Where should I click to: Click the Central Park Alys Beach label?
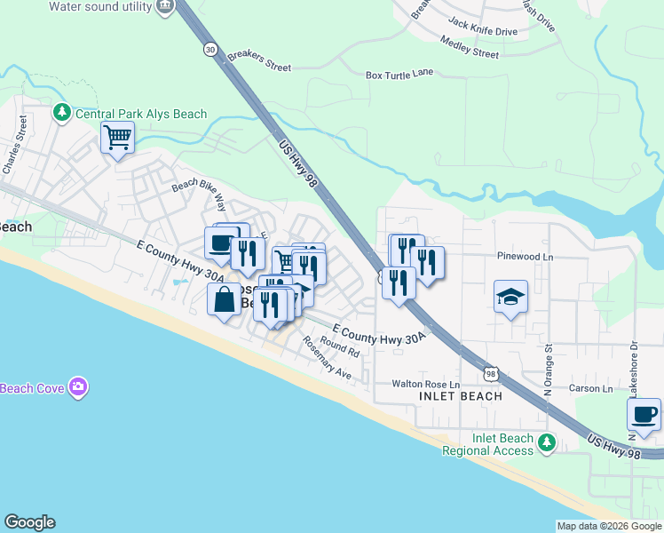[141, 114]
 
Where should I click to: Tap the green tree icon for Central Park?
[62, 113]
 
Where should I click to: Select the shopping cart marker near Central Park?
[117, 139]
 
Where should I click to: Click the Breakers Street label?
[259, 60]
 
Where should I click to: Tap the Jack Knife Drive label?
[483, 31]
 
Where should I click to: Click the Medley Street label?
[470, 52]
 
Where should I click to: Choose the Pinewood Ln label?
[525, 256]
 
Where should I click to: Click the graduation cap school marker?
[510, 297]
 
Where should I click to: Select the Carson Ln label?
[590, 389]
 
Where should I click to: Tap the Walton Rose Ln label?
[426, 385]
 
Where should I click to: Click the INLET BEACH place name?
[459, 396]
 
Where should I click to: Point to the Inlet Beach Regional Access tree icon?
[548, 441]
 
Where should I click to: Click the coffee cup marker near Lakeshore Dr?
[644, 414]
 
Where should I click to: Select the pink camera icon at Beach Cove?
[79, 386]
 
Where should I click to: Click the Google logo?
[29, 522]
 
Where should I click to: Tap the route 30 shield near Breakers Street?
[209, 49]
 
